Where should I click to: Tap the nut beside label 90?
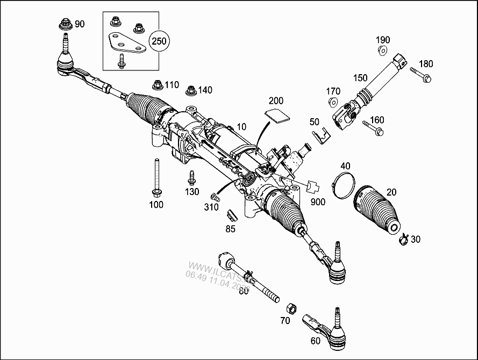(65, 24)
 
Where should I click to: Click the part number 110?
(172, 85)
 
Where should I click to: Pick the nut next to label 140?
(190, 90)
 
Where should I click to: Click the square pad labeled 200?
(276, 116)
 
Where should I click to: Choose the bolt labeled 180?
(422, 75)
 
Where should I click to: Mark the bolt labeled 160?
(373, 128)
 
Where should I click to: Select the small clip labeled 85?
(231, 215)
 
